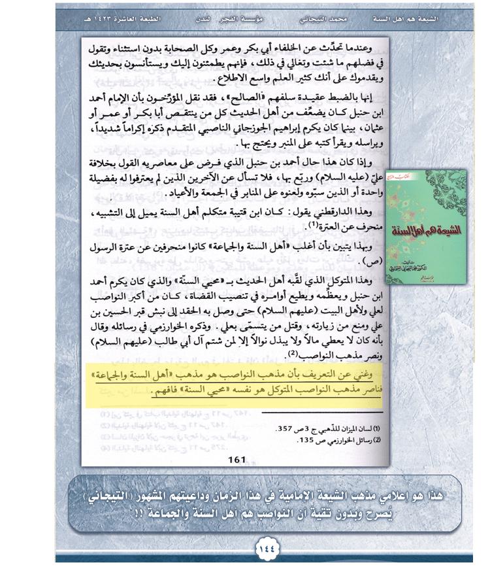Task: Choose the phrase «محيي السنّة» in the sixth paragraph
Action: coord(242,280)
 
